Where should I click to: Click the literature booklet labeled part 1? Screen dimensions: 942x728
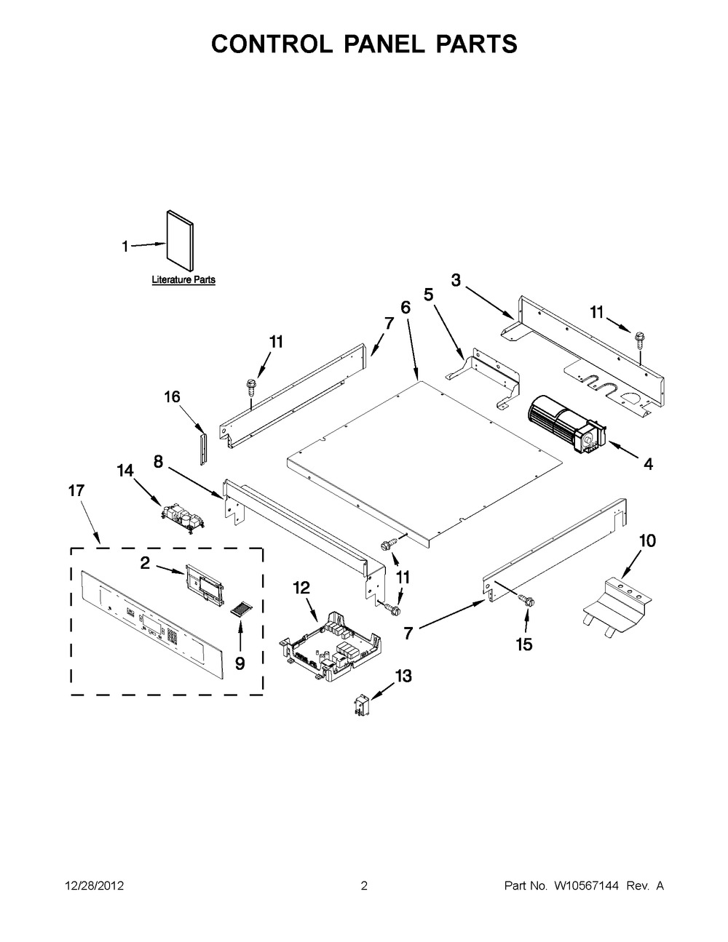coord(179,241)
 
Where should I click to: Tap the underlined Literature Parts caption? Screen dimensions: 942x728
coord(183,280)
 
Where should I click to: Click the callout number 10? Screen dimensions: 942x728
coord(646,540)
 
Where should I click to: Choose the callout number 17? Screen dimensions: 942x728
coord(76,491)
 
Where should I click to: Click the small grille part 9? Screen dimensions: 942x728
coord(240,609)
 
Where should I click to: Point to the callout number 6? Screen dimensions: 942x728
coord(405,308)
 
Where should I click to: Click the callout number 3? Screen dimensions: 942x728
coord(456,280)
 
